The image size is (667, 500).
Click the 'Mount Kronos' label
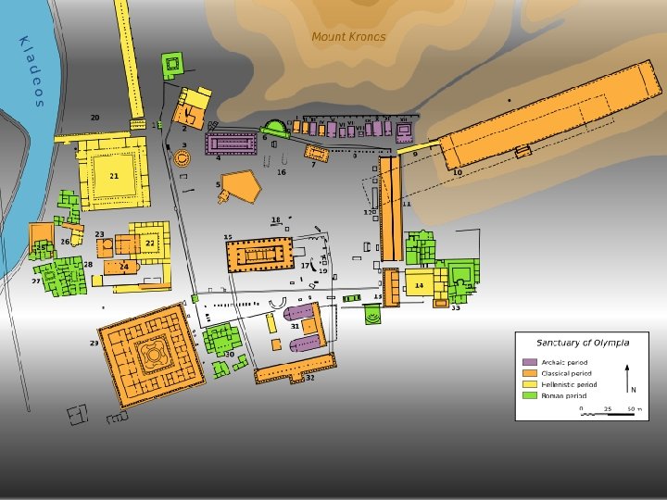pyautogui.click(x=348, y=37)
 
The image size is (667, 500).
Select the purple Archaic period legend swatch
pyautogui.click(x=530, y=362)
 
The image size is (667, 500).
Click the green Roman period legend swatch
pyautogui.click(x=530, y=395)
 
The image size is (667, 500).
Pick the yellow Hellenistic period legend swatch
pyautogui.click(x=530, y=384)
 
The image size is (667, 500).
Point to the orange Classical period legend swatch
pyautogui.click(x=530, y=373)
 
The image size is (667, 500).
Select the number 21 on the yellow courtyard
pyautogui.click(x=114, y=175)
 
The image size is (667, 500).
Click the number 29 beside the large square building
pyautogui.click(x=94, y=344)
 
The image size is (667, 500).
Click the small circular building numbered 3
pyautogui.click(x=182, y=157)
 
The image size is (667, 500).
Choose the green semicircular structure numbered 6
pyautogui.click(x=276, y=129)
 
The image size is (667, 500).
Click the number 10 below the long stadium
pyautogui.click(x=457, y=172)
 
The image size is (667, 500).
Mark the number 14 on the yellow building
pyautogui.click(x=419, y=285)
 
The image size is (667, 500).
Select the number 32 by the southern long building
pyautogui.click(x=310, y=378)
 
